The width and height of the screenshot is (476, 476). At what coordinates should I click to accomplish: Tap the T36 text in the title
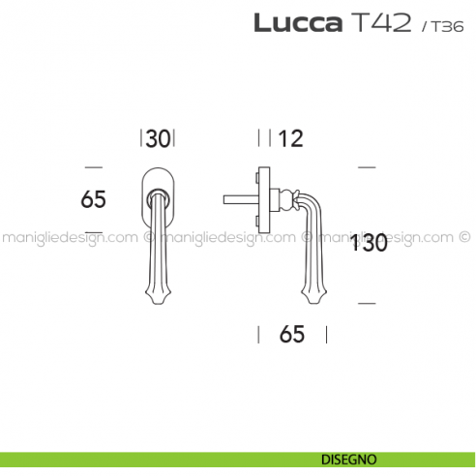pos(438,26)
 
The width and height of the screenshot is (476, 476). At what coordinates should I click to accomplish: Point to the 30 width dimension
pos(159,139)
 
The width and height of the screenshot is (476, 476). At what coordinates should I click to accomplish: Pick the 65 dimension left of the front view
pos(93,199)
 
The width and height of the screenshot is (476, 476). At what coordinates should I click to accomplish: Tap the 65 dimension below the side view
pos(291,335)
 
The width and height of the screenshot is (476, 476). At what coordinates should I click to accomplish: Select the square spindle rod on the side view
pos(237,201)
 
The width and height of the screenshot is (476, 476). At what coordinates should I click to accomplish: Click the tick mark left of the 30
pos(142,138)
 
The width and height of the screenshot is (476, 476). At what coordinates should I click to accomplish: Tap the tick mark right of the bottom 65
pos(326,335)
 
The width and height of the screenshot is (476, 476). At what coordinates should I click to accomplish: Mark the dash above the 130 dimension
pos(365,168)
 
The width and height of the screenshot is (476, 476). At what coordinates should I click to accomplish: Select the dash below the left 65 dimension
pos(93,233)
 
